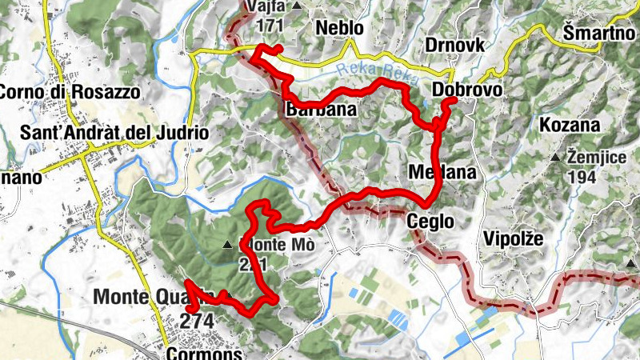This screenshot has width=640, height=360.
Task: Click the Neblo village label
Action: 339,28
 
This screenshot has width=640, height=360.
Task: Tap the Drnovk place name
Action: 455,45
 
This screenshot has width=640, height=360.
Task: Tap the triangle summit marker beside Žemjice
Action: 555,158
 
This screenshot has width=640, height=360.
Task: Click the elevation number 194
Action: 582,177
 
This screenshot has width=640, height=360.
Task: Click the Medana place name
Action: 442,172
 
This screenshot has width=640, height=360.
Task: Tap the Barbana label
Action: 320,110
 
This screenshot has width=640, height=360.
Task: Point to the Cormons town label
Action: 205,352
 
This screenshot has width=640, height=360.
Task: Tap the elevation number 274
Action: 198,319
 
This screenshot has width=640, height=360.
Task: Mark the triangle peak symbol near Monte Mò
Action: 229,244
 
